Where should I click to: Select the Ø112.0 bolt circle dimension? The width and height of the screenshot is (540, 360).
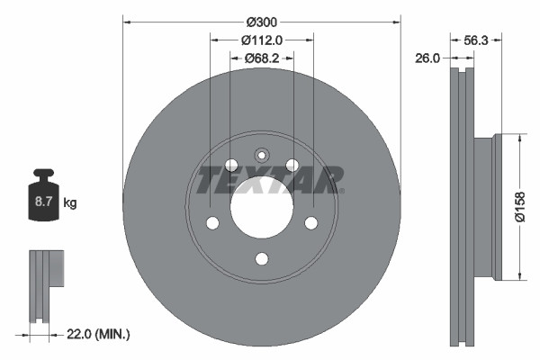point(262,40)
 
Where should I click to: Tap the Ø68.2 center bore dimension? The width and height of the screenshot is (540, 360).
point(262,58)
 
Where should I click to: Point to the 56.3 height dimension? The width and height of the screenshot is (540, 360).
point(473,40)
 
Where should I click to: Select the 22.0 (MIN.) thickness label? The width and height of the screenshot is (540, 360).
point(98,334)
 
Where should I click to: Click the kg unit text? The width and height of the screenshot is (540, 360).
point(70,203)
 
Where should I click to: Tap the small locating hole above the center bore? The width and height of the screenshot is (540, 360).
point(262,154)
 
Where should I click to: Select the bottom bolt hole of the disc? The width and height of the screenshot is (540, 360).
point(262,259)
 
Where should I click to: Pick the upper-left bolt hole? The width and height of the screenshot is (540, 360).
point(230,165)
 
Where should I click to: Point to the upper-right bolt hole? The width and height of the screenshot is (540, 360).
point(292,165)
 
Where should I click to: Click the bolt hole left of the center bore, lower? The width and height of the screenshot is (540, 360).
point(212,223)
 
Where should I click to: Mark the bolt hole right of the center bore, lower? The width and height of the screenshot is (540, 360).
point(311,223)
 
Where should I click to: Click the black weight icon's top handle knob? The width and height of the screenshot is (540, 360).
point(43,174)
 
